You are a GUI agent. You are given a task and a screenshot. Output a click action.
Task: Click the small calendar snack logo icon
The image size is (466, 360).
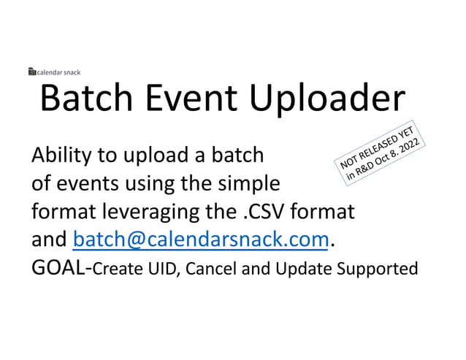pos(31,72)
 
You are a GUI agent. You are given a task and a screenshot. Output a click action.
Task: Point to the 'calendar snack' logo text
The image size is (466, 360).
pos(58,72)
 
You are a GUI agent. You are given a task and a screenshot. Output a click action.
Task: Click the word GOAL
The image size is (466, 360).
pos(58,267)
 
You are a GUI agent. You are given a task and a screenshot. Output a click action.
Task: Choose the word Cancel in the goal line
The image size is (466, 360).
pos(211,269)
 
